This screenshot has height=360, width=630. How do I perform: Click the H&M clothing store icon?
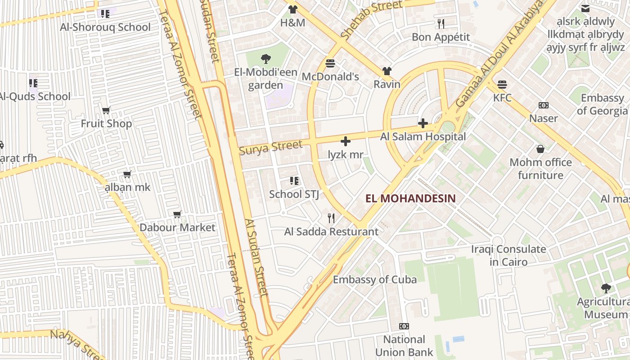click(x=293, y=9)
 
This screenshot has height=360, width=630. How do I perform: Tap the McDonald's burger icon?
click(x=330, y=63)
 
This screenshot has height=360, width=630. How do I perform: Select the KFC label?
click(x=502, y=98)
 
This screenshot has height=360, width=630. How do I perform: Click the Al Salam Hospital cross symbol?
click(x=423, y=123)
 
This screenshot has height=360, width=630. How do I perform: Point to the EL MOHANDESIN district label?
click(x=410, y=198)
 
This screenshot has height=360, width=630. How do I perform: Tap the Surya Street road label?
click(x=270, y=147)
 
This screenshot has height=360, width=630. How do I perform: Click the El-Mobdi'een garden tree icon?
click(x=266, y=58)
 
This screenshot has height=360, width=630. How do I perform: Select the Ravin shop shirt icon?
click(x=387, y=71)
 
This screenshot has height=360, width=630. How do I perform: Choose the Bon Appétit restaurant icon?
click(x=441, y=23)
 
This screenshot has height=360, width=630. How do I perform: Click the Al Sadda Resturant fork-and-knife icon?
click(x=331, y=218)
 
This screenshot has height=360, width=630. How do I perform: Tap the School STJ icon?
click(x=294, y=181)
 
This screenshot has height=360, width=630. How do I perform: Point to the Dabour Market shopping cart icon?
click(x=177, y=214)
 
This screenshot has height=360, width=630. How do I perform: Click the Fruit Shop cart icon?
click(x=106, y=110)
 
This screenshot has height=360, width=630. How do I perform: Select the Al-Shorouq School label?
click(x=105, y=27)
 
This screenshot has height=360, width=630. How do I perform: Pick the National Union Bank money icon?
click(x=404, y=326)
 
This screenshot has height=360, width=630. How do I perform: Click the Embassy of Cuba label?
click(x=374, y=279)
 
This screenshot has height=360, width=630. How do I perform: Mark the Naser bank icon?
click(x=544, y=105)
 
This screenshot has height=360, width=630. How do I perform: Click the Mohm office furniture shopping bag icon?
click(x=540, y=149)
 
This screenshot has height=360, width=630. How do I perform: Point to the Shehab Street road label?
click(x=371, y=19)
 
